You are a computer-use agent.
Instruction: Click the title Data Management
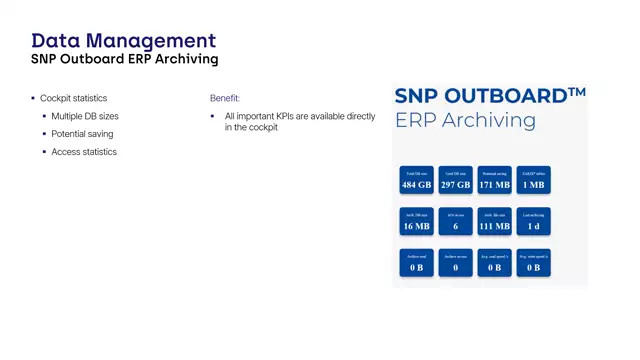[123, 41]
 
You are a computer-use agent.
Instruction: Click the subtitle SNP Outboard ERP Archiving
[124, 60]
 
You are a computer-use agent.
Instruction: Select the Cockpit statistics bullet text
[73, 98]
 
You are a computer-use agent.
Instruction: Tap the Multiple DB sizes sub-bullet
[85, 116]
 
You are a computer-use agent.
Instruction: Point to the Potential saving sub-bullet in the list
[82, 134]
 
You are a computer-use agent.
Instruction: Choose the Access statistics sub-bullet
[84, 152]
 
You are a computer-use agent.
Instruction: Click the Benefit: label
[225, 98]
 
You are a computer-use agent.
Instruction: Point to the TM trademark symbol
[576, 92]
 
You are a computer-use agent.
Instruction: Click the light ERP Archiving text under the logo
[465, 121]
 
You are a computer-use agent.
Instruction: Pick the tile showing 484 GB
[415, 180]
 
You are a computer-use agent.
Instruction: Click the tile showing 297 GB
[455, 180]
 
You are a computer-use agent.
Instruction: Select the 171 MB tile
[494, 180]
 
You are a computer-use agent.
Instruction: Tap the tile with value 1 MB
[533, 180]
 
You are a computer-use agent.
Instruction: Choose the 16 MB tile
[415, 221]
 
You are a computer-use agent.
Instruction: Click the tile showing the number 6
[455, 221]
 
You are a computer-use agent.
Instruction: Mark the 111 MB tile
[494, 221]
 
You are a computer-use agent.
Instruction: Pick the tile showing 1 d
[533, 221]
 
